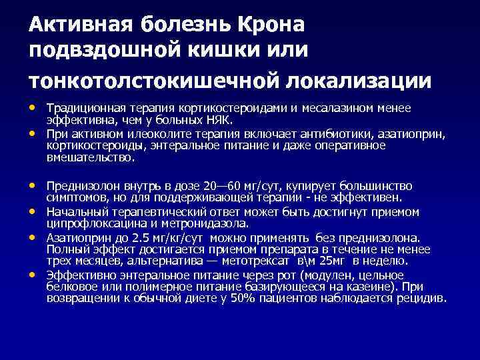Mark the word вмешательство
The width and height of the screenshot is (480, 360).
(x=90, y=158)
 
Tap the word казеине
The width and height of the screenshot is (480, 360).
(x=369, y=287)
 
